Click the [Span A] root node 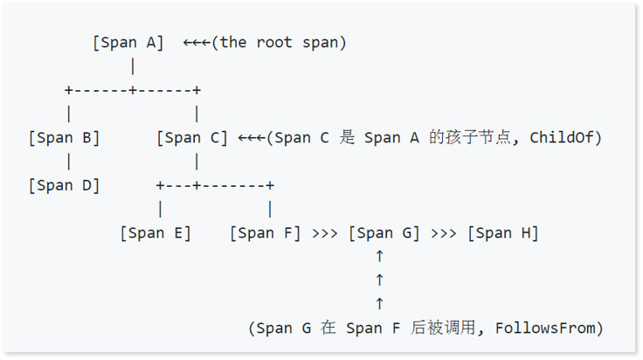coord(128,43)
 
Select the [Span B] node coord(64,138)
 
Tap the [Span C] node coord(192,138)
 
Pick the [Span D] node coord(64,185)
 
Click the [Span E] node coord(156,233)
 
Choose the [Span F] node coord(266,233)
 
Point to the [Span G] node coord(384,233)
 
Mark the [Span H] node coord(503,233)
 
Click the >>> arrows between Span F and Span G coord(325,233)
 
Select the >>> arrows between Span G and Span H coord(444,233)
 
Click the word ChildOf coord(569,138)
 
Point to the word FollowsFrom coord(549,329)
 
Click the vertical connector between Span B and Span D coord(69,162)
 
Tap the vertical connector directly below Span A coord(133,66)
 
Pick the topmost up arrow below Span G coord(379,257)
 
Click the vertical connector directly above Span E coord(161,210)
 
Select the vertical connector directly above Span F coord(270,210)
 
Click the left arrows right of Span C coord(252,138)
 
